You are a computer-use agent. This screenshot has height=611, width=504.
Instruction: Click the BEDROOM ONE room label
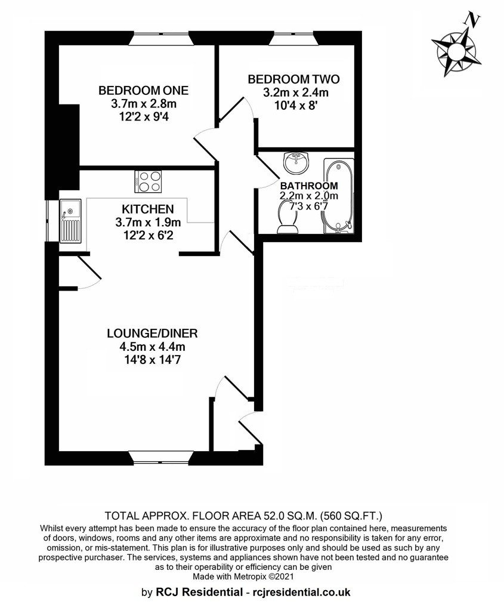tap(143, 91)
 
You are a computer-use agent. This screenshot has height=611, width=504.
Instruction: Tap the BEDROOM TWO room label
tap(293, 79)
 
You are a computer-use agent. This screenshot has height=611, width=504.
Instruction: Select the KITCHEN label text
tap(147, 209)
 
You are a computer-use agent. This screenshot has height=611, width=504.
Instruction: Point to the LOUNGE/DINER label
tap(152, 334)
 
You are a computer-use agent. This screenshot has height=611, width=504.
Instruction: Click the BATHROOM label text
tap(309, 186)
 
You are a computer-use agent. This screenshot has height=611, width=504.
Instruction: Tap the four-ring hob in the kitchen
tap(148, 181)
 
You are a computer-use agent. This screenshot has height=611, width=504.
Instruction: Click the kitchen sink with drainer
tap(70, 221)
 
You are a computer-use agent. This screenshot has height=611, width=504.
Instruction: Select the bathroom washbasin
tap(296, 163)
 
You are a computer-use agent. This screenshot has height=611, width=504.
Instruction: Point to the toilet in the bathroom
tap(287, 219)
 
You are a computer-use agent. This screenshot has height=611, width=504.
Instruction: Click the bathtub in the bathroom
tap(338, 196)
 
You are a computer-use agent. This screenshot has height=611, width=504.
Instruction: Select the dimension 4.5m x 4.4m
tap(152, 347)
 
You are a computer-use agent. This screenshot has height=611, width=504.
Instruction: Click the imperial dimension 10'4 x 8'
tap(294, 106)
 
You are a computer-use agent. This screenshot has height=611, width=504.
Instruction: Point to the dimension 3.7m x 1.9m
tap(148, 223)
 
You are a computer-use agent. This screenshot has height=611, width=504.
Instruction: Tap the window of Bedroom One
tap(161, 39)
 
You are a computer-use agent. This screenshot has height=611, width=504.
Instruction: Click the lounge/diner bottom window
tap(161, 458)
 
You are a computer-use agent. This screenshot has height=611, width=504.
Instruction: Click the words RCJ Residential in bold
tap(199, 593)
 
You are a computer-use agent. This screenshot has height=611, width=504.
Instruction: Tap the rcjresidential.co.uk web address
tap(302, 593)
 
